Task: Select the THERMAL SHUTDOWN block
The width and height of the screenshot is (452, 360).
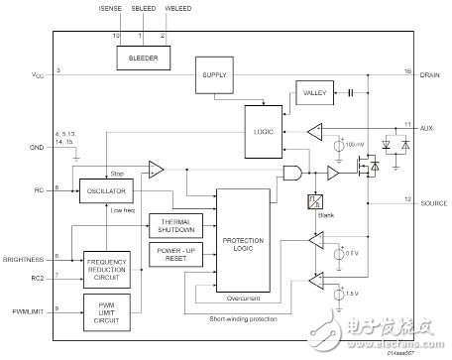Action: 174,223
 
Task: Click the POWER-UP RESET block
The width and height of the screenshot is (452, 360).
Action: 174,254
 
